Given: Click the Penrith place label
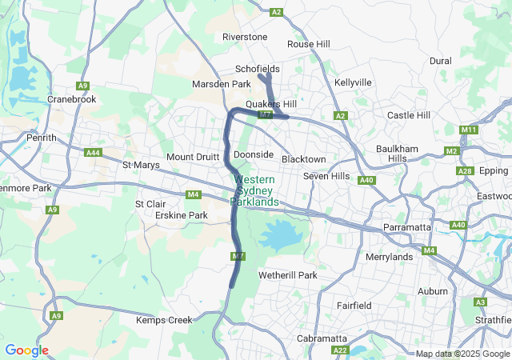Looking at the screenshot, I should pos(41,138).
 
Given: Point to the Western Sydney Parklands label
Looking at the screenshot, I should pos(255,191).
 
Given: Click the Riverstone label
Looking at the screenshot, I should pos(245,37).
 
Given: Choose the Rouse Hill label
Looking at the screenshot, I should pos(309,44).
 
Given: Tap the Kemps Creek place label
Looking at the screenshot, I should pos(164,320).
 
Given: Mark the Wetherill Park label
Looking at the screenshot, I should pos(287,275).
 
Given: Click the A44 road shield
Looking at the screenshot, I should pos(94,152).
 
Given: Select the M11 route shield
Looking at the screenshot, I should pos(469,130).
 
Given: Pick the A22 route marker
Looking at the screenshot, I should pos(341,350).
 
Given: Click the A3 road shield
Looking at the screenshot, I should pos(480,302).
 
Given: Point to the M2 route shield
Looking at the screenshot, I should pos(452,151).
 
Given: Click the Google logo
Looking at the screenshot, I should pos(26,350).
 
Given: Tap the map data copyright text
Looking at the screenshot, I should pos(461,354).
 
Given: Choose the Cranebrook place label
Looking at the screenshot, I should pos(71,99).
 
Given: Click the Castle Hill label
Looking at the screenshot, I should pos(408,115).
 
